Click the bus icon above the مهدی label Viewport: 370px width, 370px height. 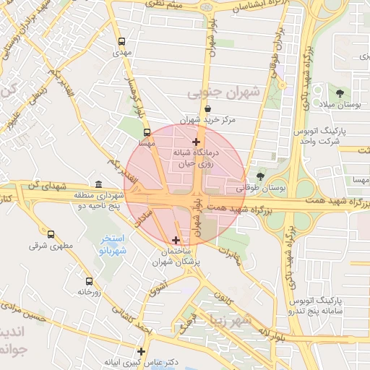coord(121,41)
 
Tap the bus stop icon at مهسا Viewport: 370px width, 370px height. coord(147,133)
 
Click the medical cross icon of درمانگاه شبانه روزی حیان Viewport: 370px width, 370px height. coord(196,142)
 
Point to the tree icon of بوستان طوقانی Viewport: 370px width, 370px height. coord(260,176)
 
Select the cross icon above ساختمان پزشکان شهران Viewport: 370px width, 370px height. coord(176,239)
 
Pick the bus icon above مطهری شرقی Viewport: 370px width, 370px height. coord(50,233)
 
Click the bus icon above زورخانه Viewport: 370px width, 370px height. coord(89,281)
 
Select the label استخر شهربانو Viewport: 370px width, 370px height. coord(112,244)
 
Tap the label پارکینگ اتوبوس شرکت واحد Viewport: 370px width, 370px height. coord(322,137)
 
